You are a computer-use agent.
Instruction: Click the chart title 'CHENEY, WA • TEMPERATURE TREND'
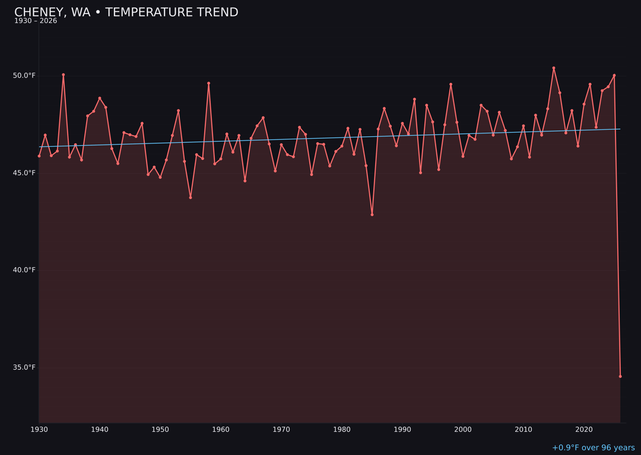(x=126, y=12)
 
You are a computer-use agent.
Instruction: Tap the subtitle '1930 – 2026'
(x=36, y=21)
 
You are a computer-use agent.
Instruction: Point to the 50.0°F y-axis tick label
(x=24, y=76)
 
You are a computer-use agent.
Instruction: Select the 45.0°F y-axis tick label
(x=24, y=173)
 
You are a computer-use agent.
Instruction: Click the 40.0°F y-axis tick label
(x=24, y=270)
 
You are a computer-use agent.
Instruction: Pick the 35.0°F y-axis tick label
(x=24, y=367)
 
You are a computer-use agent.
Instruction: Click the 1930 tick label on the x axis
(x=39, y=430)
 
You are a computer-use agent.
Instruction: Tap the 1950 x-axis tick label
(x=160, y=430)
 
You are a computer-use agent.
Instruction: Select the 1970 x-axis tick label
(x=281, y=430)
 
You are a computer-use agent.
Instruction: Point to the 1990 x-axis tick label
(x=402, y=430)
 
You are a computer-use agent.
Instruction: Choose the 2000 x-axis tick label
(x=463, y=430)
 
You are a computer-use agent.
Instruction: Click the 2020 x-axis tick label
(x=584, y=430)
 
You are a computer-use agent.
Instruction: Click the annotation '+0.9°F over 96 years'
(x=593, y=448)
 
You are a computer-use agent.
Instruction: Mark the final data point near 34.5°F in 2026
(x=620, y=376)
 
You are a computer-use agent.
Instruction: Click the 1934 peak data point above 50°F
(x=64, y=75)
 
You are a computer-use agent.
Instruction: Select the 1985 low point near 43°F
(x=372, y=214)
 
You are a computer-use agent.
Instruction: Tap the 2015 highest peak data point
(x=554, y=68)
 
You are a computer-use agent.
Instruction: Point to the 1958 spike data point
(x=209, y=83)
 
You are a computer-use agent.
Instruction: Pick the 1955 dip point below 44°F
(x=191, y=197)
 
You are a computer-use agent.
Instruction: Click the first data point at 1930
(x=39, y=156)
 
